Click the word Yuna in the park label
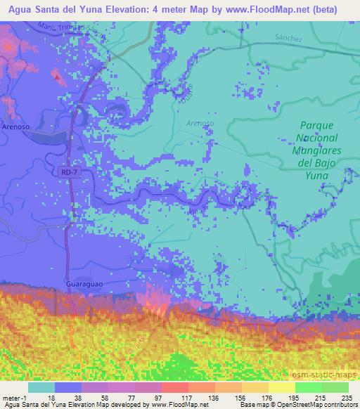click(x=315, y=176)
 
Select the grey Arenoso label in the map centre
click(x=200, y=123)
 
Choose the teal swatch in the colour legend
click(x=42, y=387)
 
